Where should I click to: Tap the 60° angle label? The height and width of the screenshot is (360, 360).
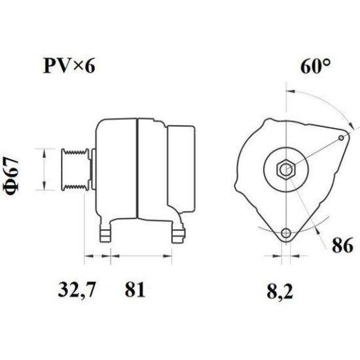[316, 66]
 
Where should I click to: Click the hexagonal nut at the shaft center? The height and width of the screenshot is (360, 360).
[285, 170]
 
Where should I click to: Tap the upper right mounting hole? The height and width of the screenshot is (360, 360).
[343, 138]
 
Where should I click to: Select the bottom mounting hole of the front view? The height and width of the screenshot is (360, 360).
[285, 234]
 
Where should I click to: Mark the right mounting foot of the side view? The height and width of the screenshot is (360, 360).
[177, 232]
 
